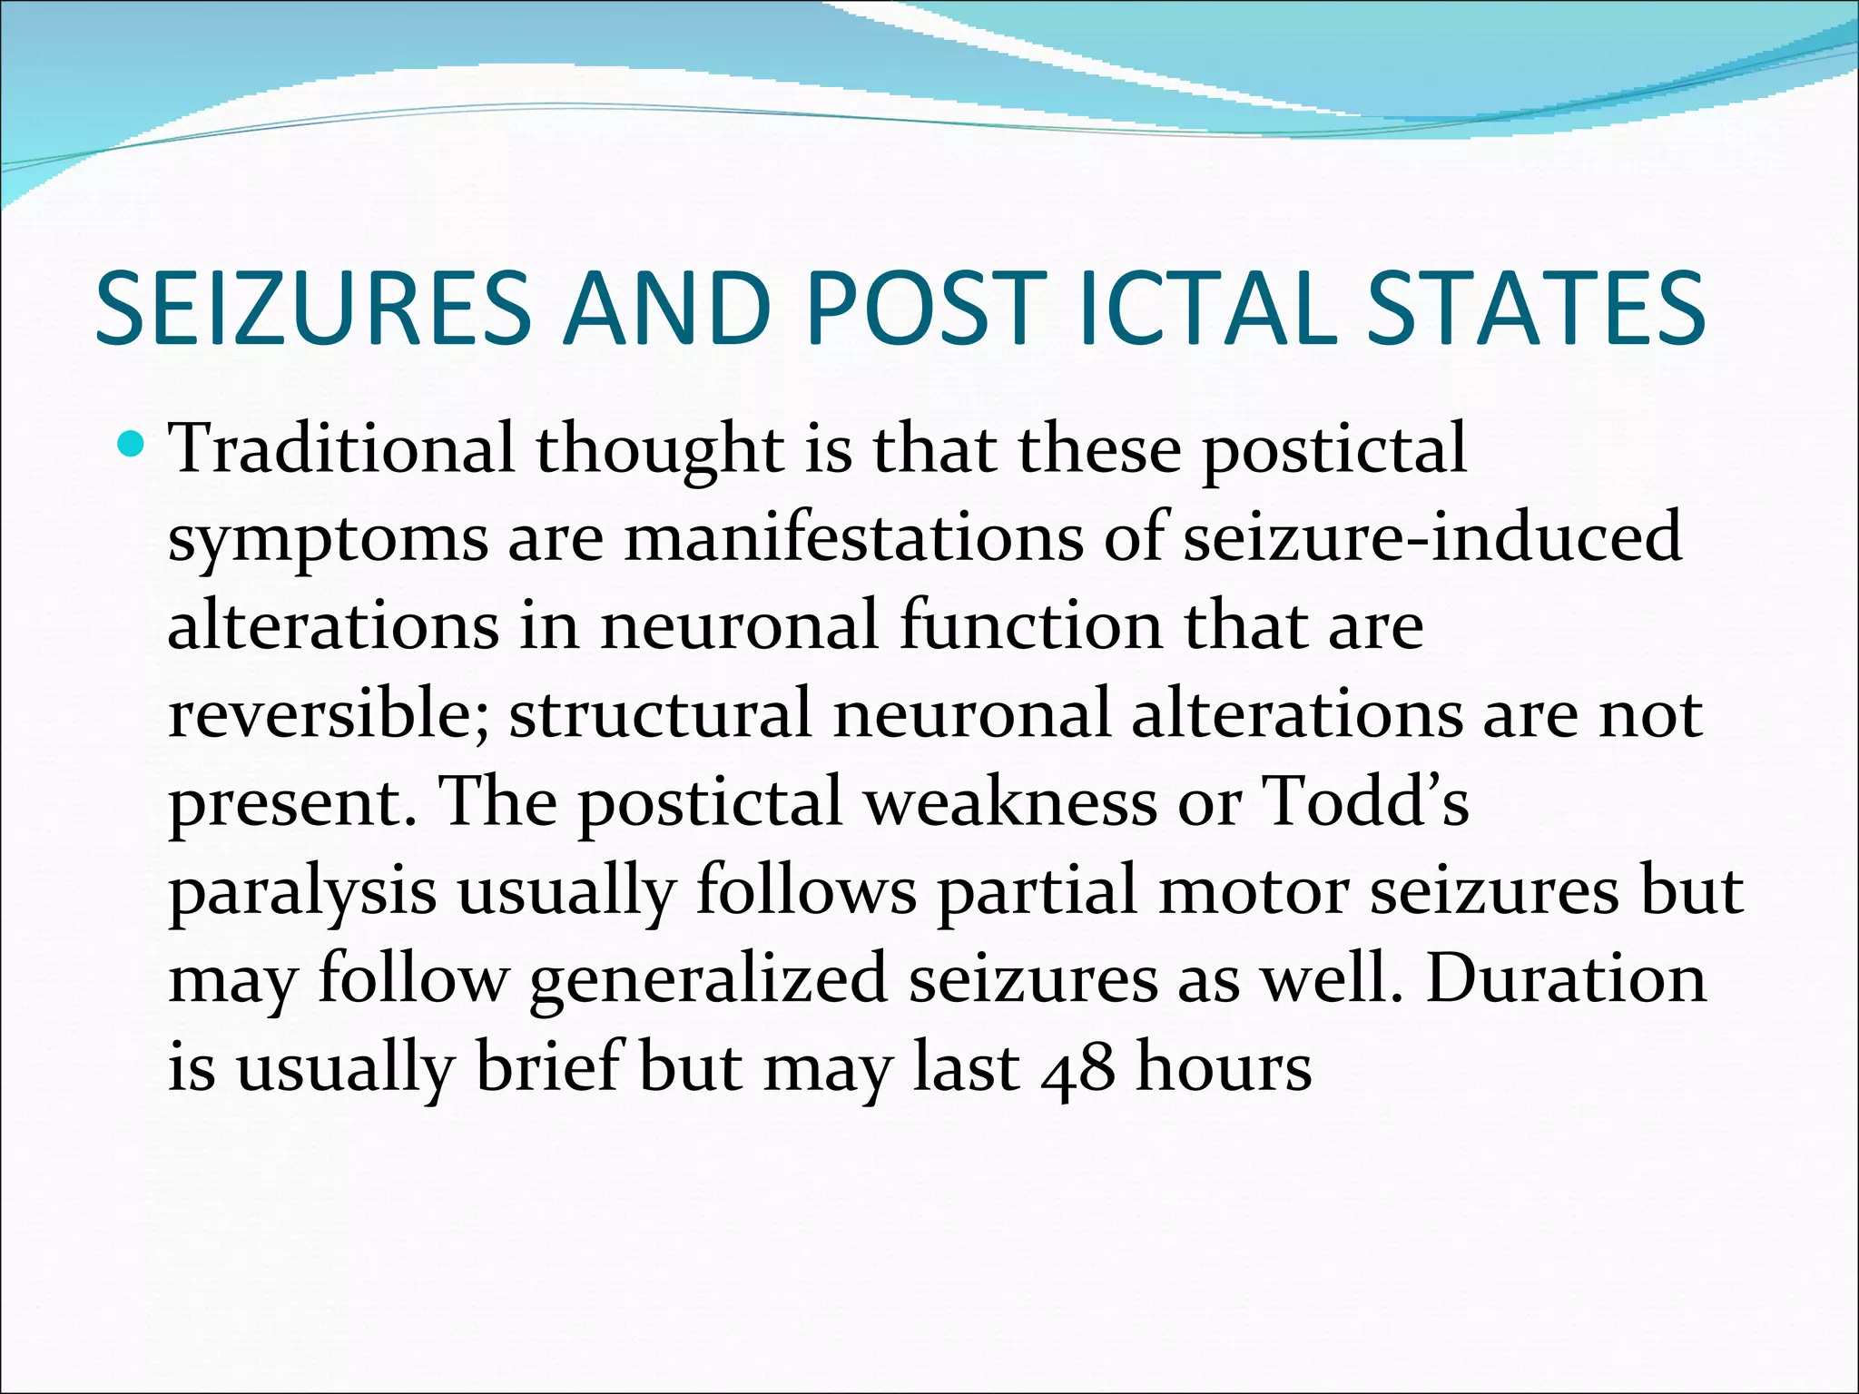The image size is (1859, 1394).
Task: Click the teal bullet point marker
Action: [x=133, y=445]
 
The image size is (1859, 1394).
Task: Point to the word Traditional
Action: [x=342, y=447]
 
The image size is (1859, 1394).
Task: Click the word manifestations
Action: [x=853, y=535]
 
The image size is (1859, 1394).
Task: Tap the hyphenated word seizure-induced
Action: [x=1432, y=535]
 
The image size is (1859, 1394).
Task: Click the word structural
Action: [x=660, y=713]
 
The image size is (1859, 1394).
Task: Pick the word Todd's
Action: [x=1366, y=801]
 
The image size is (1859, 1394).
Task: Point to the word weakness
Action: [x=1009, y=801]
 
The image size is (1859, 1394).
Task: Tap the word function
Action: [x=1031, y=624]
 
